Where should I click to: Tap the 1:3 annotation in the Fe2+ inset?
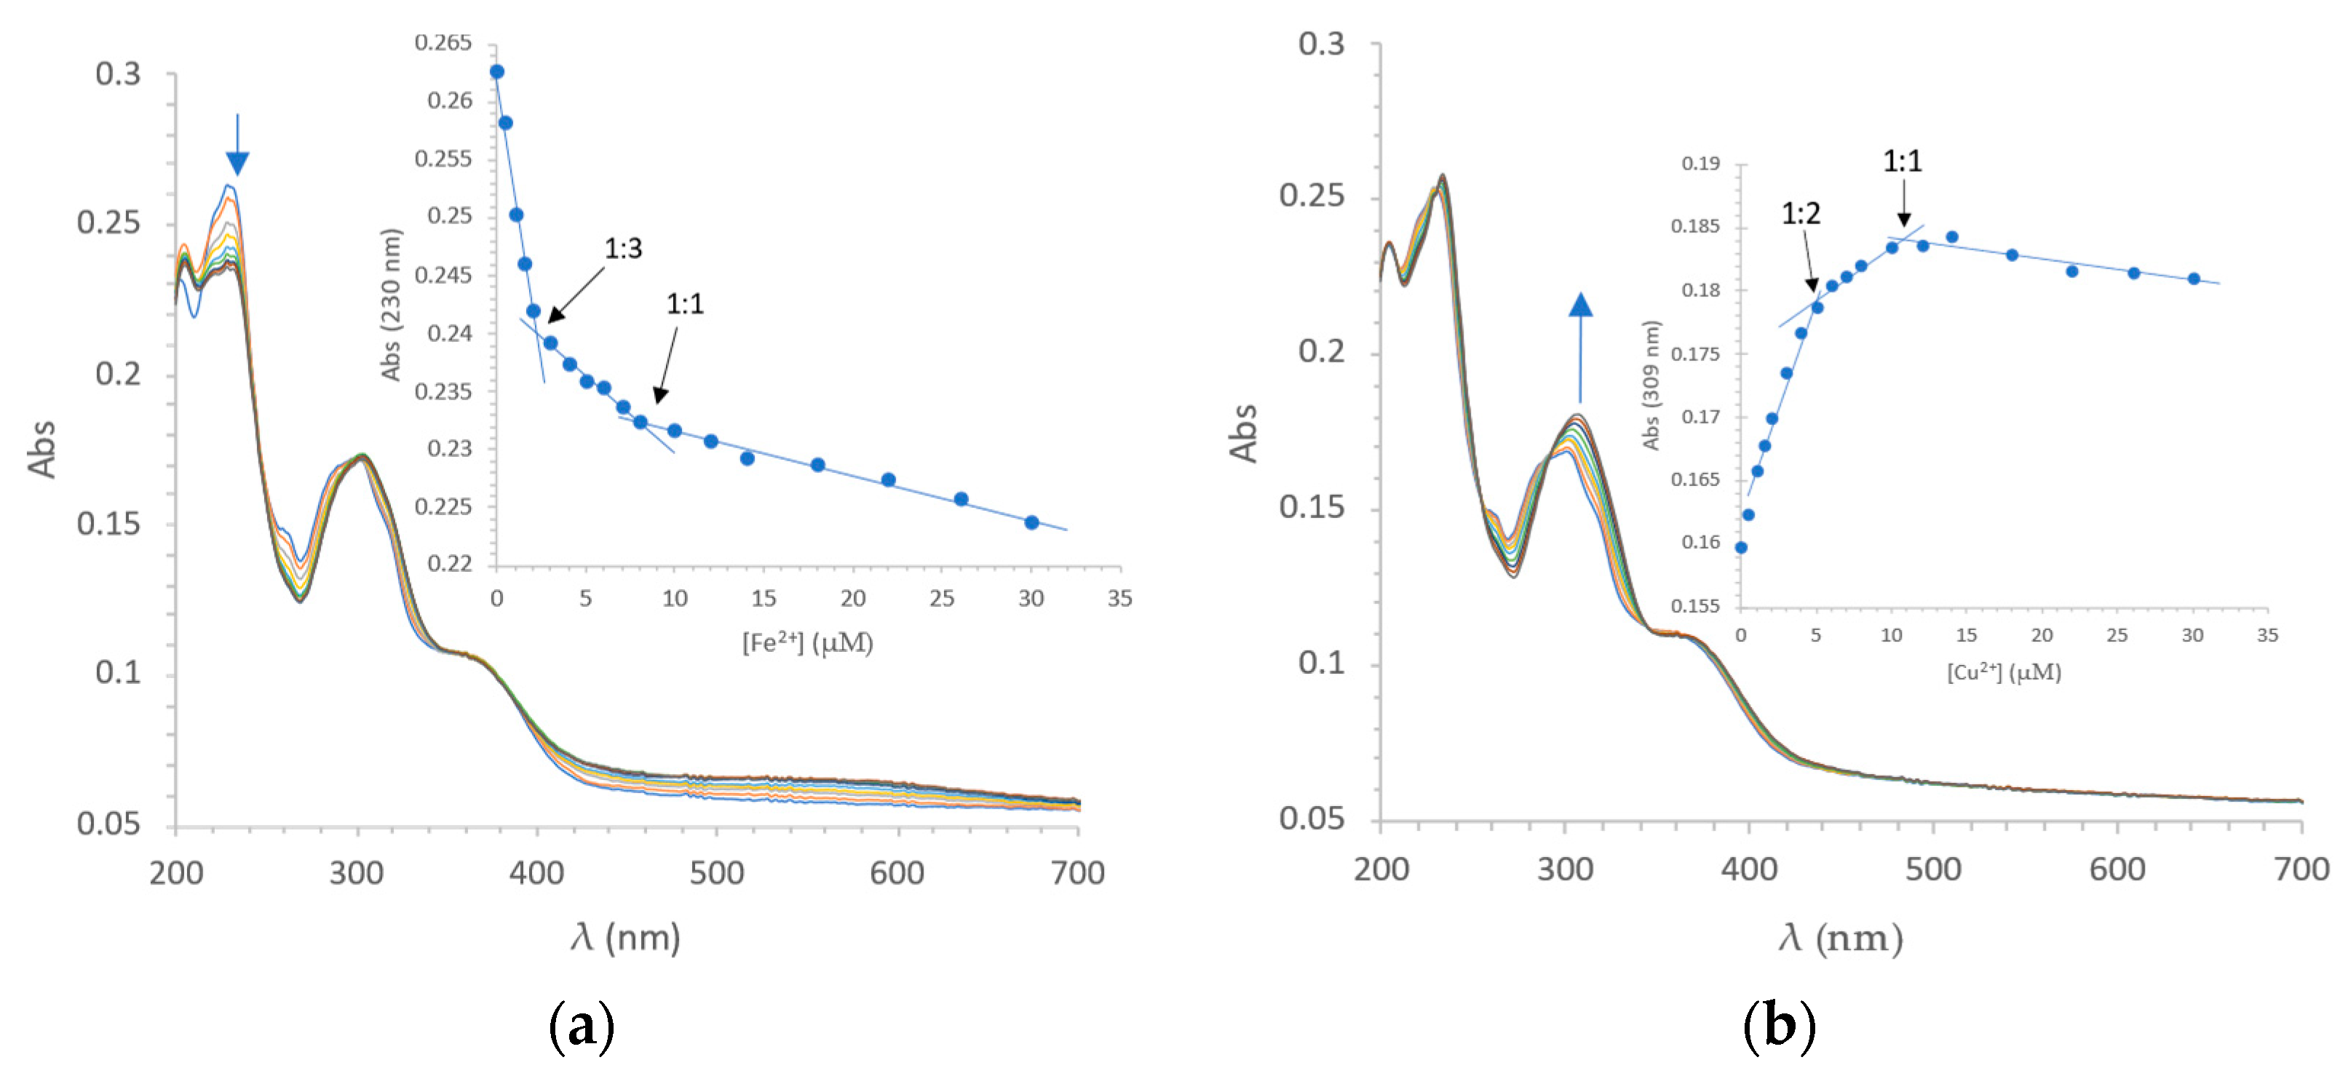(x=624, y=249)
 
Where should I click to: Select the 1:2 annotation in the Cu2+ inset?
(x=1800, y=214)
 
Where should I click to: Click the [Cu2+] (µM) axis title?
(x=2004, y=672)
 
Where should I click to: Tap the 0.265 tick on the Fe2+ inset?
(x=443, y=43)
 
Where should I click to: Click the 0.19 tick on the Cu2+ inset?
(x=1700, y=164)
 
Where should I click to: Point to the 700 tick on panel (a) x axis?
(x=1076, y=874)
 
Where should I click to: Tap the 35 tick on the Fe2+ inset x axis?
(x=1119, y=599)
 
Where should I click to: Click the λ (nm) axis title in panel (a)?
(x=625, y=937)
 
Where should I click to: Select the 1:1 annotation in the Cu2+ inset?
(x=1903, y=162)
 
